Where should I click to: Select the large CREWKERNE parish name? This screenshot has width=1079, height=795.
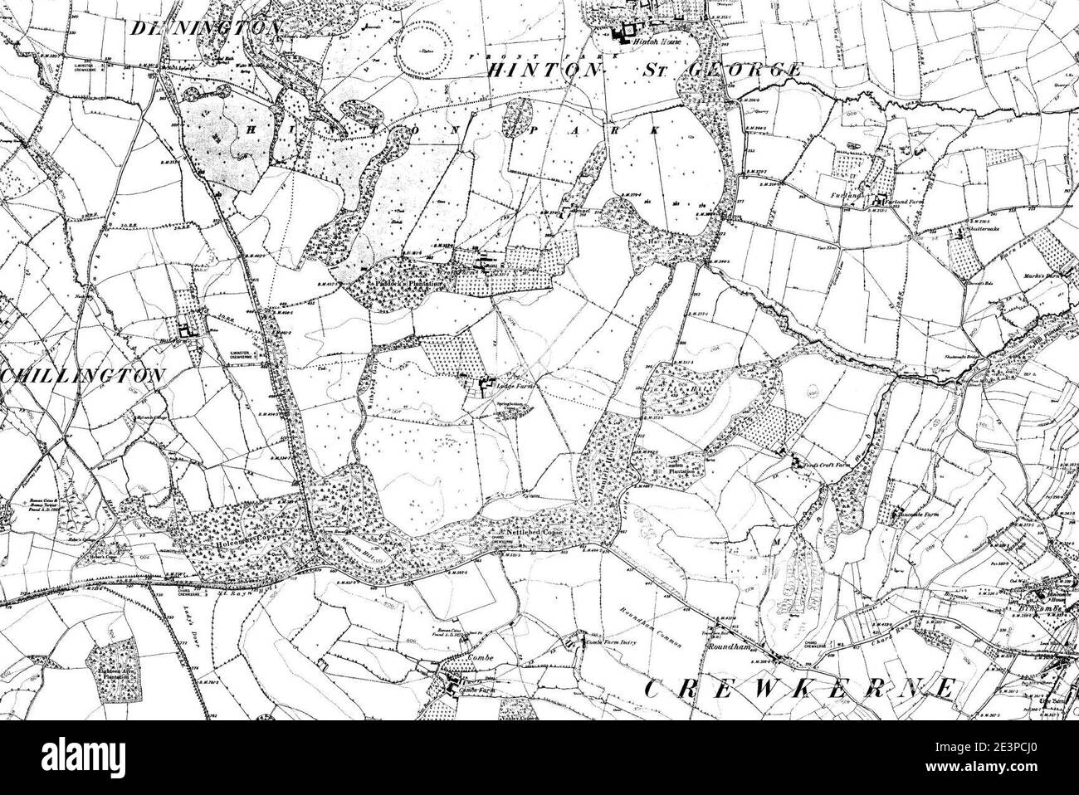tap(798, 688)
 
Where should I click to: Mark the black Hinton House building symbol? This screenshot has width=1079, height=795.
tap(622, 33)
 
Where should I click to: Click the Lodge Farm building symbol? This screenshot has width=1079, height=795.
tap(485, 386)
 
